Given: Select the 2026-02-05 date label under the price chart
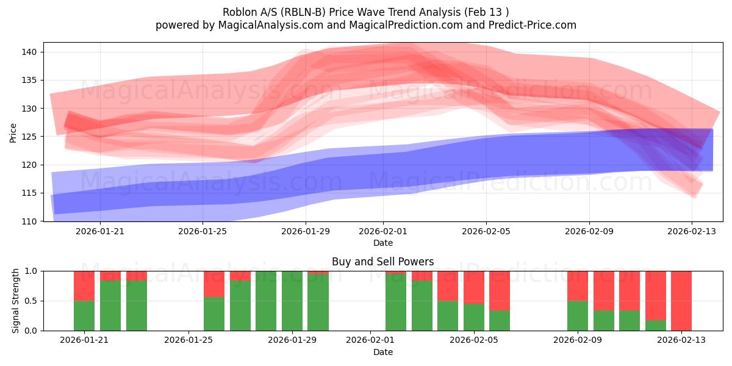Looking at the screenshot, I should [486, 232].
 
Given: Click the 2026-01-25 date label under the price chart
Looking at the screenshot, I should [203, 232].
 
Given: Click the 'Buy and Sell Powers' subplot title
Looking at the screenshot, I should [382, 262].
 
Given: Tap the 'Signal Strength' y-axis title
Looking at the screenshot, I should [16, 301].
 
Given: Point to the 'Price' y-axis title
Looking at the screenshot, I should [13, 132].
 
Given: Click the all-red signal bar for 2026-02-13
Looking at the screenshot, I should [681, 301].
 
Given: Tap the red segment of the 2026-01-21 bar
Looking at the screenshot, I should [84, 285].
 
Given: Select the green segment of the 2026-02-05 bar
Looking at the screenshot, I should [474, 317].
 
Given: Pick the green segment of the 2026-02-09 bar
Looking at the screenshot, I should [577, 315].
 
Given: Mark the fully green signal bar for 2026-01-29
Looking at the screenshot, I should [292, 301].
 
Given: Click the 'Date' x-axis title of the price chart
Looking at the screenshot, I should [382, 243].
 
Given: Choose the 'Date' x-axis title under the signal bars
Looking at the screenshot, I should [382, 352].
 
